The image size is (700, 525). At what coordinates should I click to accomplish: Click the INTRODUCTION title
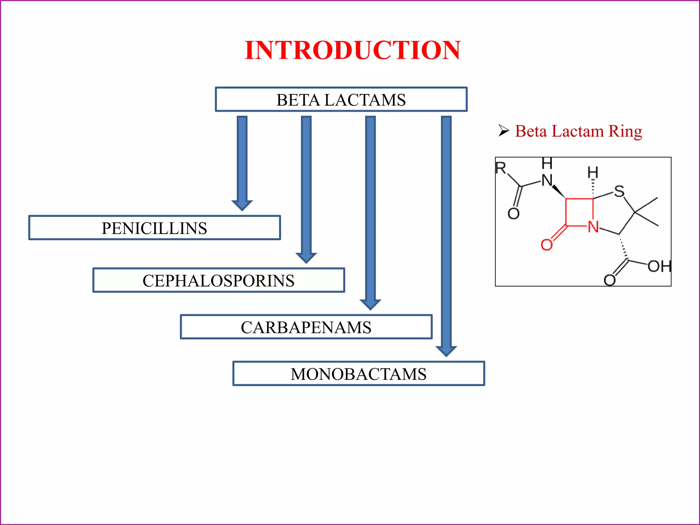click(352, 50)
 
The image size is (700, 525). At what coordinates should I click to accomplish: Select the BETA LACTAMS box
click(341, 99)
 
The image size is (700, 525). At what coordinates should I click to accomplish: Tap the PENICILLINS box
click(154, 228)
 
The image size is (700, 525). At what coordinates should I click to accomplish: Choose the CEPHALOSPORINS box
click(218, 280)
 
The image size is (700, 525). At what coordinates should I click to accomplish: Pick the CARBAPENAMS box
click(306, 327)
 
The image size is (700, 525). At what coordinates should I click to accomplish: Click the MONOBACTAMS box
click(359, 374)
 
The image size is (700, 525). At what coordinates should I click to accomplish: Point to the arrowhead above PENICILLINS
click(242, 205)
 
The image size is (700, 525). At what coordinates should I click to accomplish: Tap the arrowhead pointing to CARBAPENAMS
click(370, 304)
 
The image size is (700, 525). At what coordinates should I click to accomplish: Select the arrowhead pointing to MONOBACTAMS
click(446, 351)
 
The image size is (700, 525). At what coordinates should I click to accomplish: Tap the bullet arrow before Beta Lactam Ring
click(503, 131)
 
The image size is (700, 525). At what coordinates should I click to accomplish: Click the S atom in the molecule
click(619, 191)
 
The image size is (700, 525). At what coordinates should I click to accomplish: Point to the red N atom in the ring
click(593, 227)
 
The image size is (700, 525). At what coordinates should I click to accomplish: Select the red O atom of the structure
click(547, 245)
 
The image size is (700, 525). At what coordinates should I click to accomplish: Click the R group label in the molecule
click(501, 168)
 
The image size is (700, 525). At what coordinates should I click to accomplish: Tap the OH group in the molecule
click(659, 266)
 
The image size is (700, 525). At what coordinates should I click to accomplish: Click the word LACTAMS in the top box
click(365, 100)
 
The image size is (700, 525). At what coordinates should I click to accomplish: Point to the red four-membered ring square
click(579, 212)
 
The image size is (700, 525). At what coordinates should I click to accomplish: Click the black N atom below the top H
click(547, 180)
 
